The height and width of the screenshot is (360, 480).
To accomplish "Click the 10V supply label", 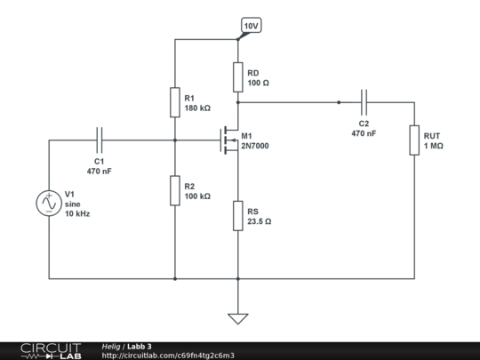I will point(251,26).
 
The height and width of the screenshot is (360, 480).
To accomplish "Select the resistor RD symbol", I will point(238,77).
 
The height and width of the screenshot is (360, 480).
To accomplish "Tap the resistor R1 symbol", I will point(175,102).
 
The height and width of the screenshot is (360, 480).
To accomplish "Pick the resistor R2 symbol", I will point(175,189).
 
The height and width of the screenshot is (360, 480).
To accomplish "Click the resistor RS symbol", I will point(238,215).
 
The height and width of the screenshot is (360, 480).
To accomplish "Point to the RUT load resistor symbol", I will point(414,140).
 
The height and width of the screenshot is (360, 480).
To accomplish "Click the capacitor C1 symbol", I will point(99,140).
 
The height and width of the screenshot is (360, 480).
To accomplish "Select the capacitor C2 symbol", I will point(364,102).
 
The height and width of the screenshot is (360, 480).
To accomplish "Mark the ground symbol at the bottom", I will point(238,316).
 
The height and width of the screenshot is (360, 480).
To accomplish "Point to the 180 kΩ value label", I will point(197,108).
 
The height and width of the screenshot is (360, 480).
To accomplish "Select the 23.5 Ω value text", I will point(260,221).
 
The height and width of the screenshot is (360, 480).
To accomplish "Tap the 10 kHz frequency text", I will point(77,214).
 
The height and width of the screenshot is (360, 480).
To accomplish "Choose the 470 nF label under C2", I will point(364,133).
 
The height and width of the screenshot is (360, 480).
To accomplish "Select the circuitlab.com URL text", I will point(168,356).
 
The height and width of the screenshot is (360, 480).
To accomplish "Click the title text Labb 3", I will point(139,346).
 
